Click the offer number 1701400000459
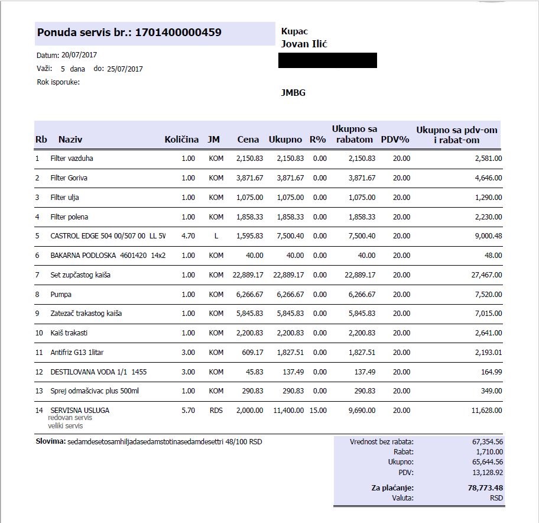pyautogui.click(x=178, y=33)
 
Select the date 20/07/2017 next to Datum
pyautogui.click(x=79, y=55)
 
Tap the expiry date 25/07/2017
pyautogui.click(x=125, y=69)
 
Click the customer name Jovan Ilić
pyautogui.click(x=304, y=44)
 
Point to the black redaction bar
pyautogui.click(x=327, y=60)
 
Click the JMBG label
pyautogui.click(x=293, y=93)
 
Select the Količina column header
pyautogui.click(x=181, y=140)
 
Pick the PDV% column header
pyautogui.click(x=395, y=140)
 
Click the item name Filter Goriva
pyautogui.click(x=69, y=178)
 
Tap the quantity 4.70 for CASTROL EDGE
pyautogui.click(x=188, y=236)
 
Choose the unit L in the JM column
pyautogui.click(x=216, y=236)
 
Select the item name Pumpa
pyautogui.click(x=61, y=294)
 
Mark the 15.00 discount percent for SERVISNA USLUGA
pyautogui.click(x=319, y=410)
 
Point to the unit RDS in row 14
pyautogui.click(x=216, y=410)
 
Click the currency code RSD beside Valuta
pyautogui.click(x=496, y=498)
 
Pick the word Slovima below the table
pyautogui.click(x=50, y=441)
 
